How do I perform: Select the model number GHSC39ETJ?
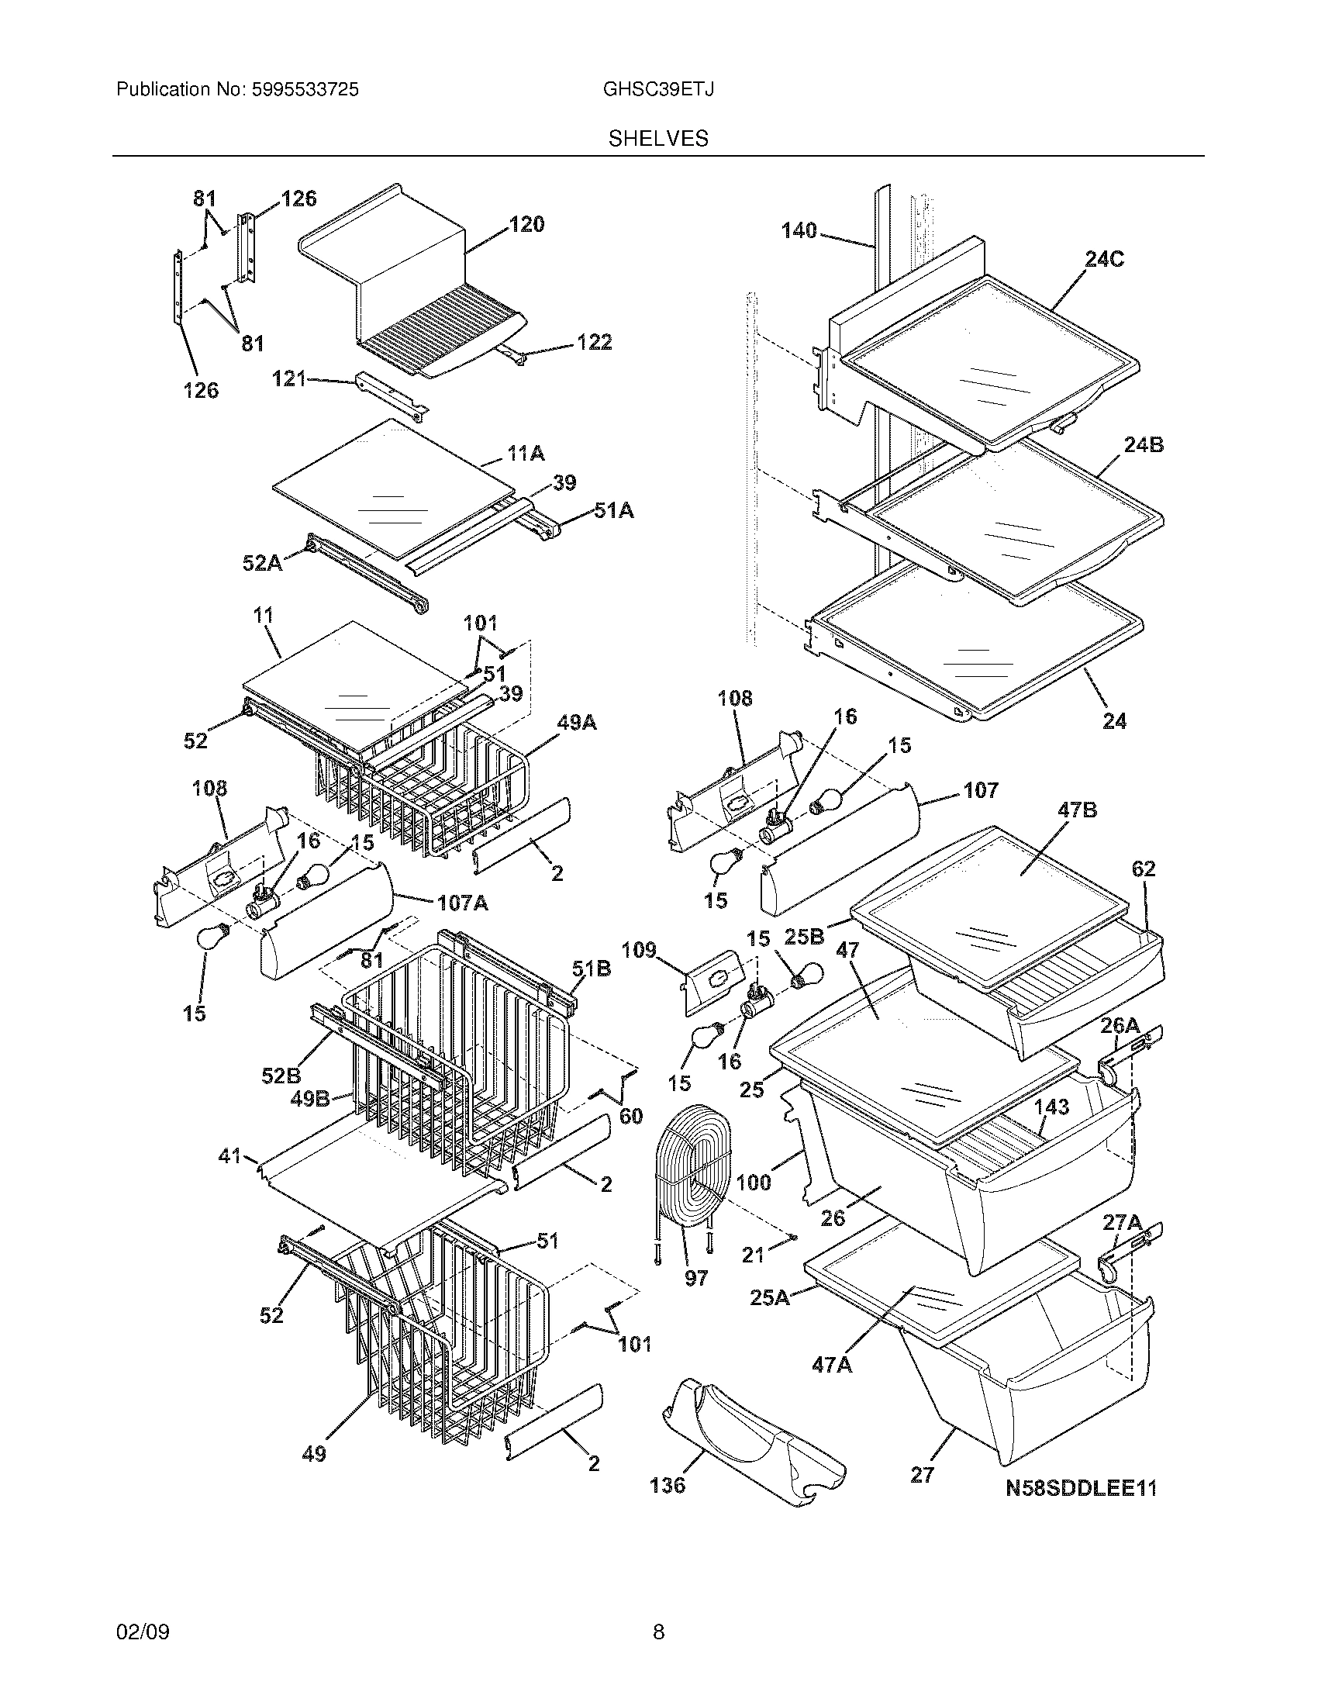pos(657,90)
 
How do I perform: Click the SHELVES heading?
pos(658,139)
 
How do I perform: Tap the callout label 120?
pos(527,225)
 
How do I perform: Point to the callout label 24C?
pos(1104,259)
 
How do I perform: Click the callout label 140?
pos(799,230)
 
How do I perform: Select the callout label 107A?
pos(462,903)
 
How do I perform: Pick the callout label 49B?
pos(310,1099)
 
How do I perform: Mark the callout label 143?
pos(1051,1107)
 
